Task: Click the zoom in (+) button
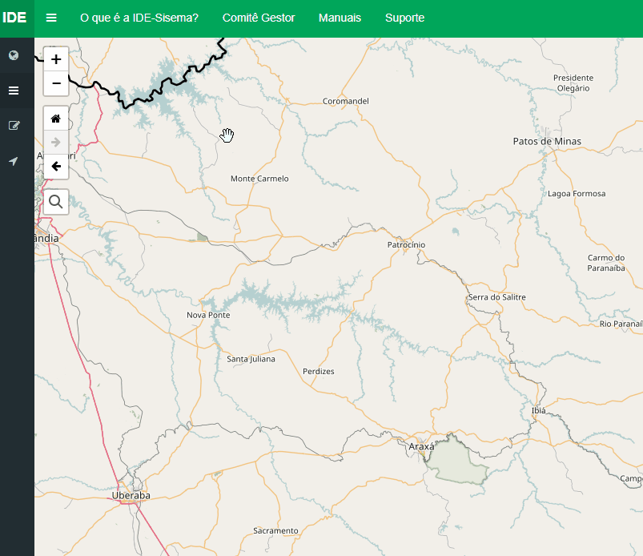(56, 59)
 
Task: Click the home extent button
(56, 119)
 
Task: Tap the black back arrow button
(56, 167)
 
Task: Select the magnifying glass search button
(56, 202)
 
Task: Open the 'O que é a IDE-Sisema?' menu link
(139, 18)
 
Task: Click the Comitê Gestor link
(259, 18)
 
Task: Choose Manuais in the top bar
(340, 18)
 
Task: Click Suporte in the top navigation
(404, 18)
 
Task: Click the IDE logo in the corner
(14, 18)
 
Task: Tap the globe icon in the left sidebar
(14, 55)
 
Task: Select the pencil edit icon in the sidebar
(14, 126)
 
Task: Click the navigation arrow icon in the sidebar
(14, 162)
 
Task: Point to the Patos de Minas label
(547, 142)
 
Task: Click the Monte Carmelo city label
(259, 179)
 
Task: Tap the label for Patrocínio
(406, 244)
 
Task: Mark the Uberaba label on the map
(132, 495)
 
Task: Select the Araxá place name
(421, 446)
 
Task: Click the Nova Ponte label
(208, 315)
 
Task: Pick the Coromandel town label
(345, 101)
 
